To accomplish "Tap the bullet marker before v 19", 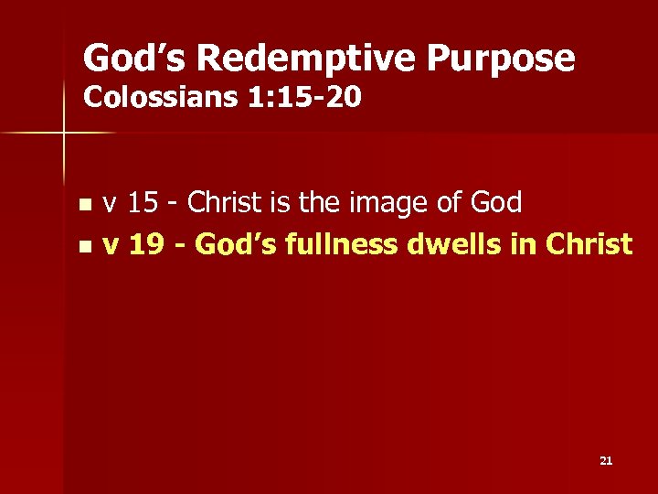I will (x=85, y=246).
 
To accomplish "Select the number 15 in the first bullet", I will (x=142, y=203).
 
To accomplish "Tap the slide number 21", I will (x=606, y=461).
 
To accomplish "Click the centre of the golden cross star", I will (x=64, y=134).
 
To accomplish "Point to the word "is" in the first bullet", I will (x=280, y=203).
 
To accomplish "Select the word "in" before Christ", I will (x=524, y=244).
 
